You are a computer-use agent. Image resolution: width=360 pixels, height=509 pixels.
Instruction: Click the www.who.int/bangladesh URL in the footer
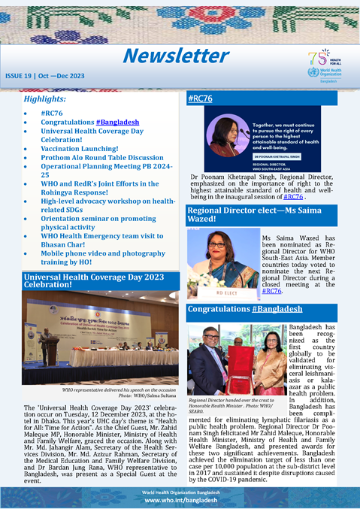click(x=180, y=499)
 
